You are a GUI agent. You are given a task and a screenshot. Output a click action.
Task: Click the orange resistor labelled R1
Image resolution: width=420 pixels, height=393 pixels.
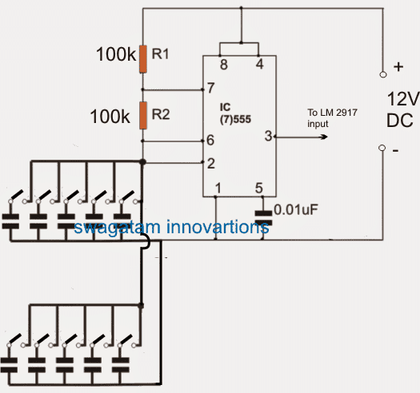[x=143, y=59]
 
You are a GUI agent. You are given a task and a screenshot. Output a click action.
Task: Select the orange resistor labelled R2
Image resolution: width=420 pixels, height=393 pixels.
[x=143, y=115]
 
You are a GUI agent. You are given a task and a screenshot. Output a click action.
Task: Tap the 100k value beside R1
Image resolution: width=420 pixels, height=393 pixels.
[x=116, y=54]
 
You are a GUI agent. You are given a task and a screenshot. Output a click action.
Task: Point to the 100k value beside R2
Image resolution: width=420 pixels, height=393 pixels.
[x=110, y=117]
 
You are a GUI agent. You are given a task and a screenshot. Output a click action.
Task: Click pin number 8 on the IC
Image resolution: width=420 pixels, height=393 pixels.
[x=224, y=65]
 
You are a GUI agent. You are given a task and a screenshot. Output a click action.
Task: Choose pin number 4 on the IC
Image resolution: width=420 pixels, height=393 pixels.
[x=259, y=64]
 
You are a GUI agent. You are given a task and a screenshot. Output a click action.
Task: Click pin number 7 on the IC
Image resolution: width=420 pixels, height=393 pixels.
[x=211, y=88]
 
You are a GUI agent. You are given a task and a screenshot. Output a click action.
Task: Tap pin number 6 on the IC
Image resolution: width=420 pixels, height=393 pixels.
[x=210, y=140]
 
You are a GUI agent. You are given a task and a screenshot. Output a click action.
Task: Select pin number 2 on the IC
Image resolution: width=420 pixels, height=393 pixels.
[x=211, y=164]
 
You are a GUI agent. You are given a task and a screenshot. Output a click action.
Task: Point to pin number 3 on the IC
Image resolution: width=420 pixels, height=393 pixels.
[x=268, y=136]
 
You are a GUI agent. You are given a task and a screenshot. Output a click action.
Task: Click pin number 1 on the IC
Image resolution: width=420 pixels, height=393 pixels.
[x=218, y=188]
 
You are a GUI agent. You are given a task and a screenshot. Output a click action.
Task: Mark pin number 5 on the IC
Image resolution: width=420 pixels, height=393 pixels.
[x=258, y=188]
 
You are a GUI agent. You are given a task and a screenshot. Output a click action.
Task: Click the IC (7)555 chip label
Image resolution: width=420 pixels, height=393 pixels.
[x=235, y=113]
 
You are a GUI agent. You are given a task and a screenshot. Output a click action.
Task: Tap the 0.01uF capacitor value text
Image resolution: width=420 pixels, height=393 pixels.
[x=296, y=209]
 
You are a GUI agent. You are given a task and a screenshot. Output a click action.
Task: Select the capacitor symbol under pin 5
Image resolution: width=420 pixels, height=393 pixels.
[x=263, y=218]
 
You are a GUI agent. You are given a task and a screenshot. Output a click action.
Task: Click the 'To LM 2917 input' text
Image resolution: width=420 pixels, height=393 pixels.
[x=332, y=118]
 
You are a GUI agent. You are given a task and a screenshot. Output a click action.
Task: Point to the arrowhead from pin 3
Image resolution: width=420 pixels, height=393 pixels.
[x=324, y=137]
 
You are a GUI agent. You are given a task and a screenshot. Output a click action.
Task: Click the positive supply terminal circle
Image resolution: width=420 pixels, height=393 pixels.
[x=383, y=74]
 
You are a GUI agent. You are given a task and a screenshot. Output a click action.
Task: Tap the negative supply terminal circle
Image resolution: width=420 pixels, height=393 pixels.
[x=382, y=148]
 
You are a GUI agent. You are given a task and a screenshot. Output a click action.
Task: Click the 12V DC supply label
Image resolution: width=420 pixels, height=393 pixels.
[x=402, y=109]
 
